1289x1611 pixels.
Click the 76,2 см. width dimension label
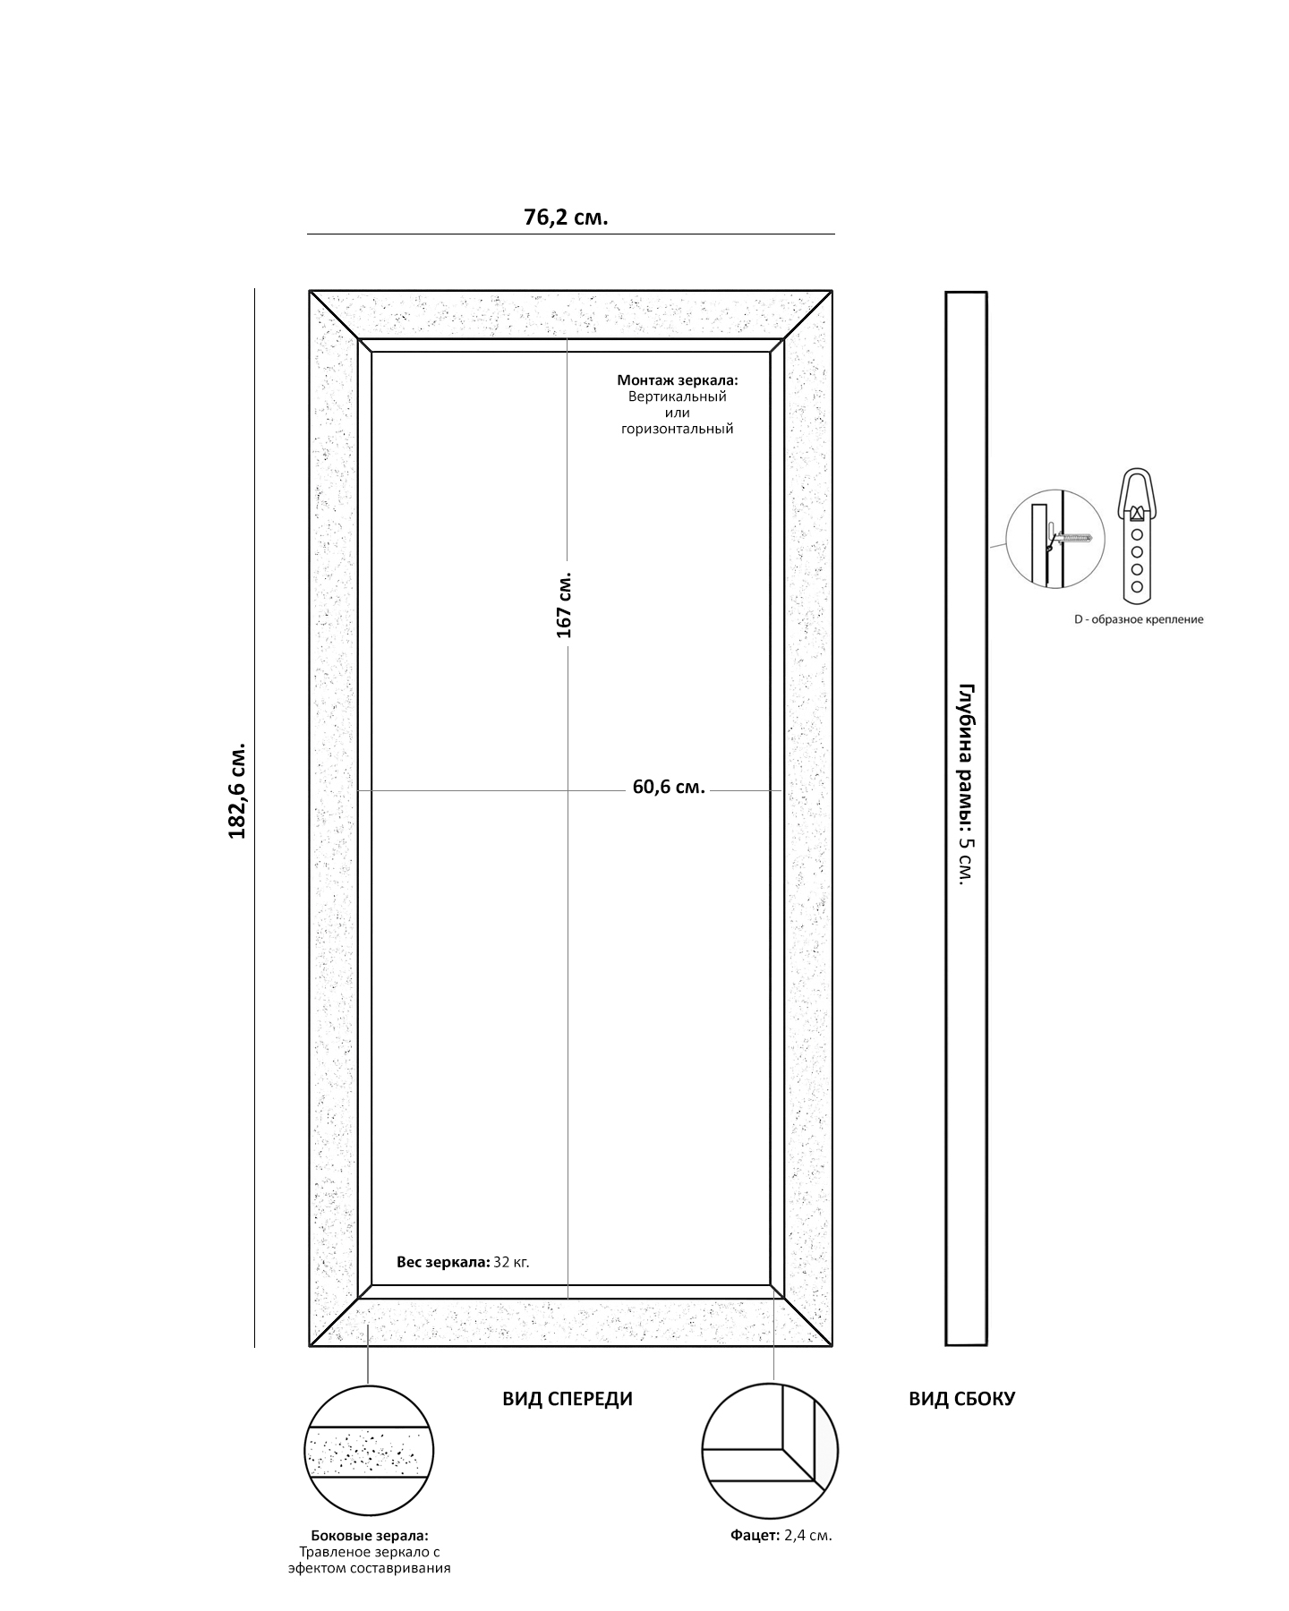(566, 217)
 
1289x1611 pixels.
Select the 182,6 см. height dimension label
(237, 790)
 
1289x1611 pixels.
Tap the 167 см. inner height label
(564, 605)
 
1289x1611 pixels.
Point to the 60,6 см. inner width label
(669, 788)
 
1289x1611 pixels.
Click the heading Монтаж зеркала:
(678, 380)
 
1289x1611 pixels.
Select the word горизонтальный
(678, 429)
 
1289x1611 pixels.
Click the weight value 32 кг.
(511, 1262)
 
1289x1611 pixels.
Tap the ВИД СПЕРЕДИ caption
(568, 1399)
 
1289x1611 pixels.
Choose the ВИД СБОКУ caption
(961, 1399)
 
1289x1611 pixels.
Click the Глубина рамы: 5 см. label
(966, 785)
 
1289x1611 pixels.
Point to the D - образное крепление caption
(1139, 619)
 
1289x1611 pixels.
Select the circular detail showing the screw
(1050, 539)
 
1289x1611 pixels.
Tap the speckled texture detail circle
(370, 1451)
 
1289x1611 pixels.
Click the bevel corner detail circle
(770, 1451)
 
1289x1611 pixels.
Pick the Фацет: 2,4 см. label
(781, 1535)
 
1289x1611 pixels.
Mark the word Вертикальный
(678, 396)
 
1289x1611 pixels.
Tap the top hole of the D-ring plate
(1137, 534)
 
